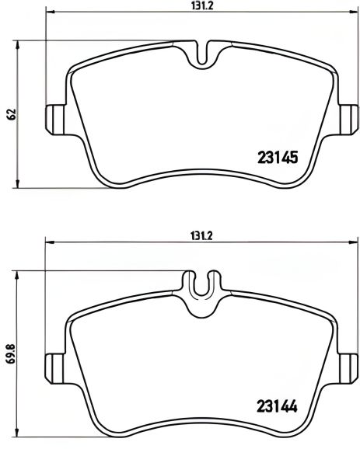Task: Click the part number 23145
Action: pyautogui.click(x=278, y=157)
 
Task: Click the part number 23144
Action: pyautogui.click(x=277, y=405)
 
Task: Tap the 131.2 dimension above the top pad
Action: pyautogui.click(x=202, y=5)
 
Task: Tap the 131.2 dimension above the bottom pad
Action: pyautogui.click(x=201, y=236)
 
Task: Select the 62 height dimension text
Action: pyautogui.click(x=12, y=114)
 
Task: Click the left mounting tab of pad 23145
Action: pyautogui.click(x=55, y=120)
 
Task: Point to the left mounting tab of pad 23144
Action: pyautogui.click(x=54, y=368)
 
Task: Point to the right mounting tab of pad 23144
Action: pyautogui.click(x=348, y=368)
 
